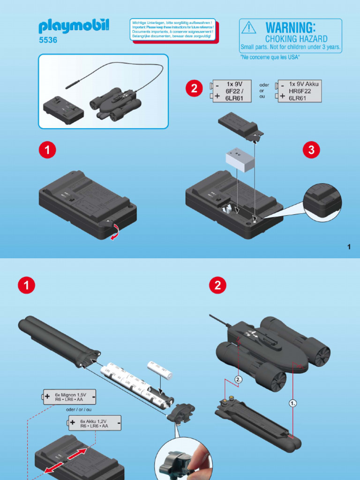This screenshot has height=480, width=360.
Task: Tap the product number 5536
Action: [48, 40]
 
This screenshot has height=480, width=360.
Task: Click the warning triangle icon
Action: [248, 28]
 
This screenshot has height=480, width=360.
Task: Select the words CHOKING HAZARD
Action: [296, 39]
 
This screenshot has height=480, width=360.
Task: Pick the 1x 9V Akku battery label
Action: [300, 91]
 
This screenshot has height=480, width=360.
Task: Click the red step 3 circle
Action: [312, 150]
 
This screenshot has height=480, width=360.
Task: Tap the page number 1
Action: [349, 247]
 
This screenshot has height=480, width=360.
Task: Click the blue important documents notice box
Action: [173, 30]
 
